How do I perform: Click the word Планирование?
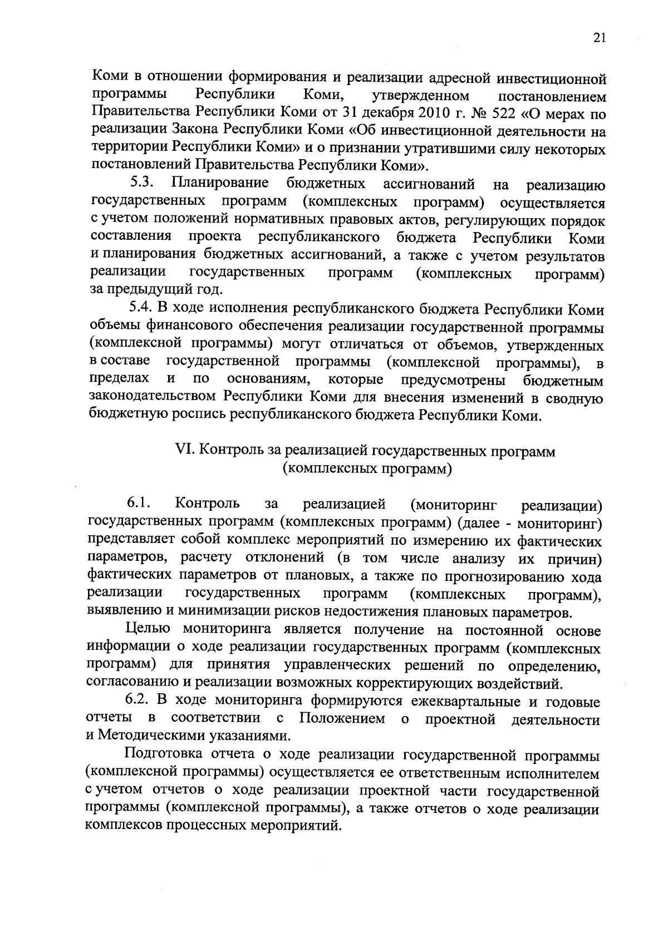[x=220, y=184]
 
